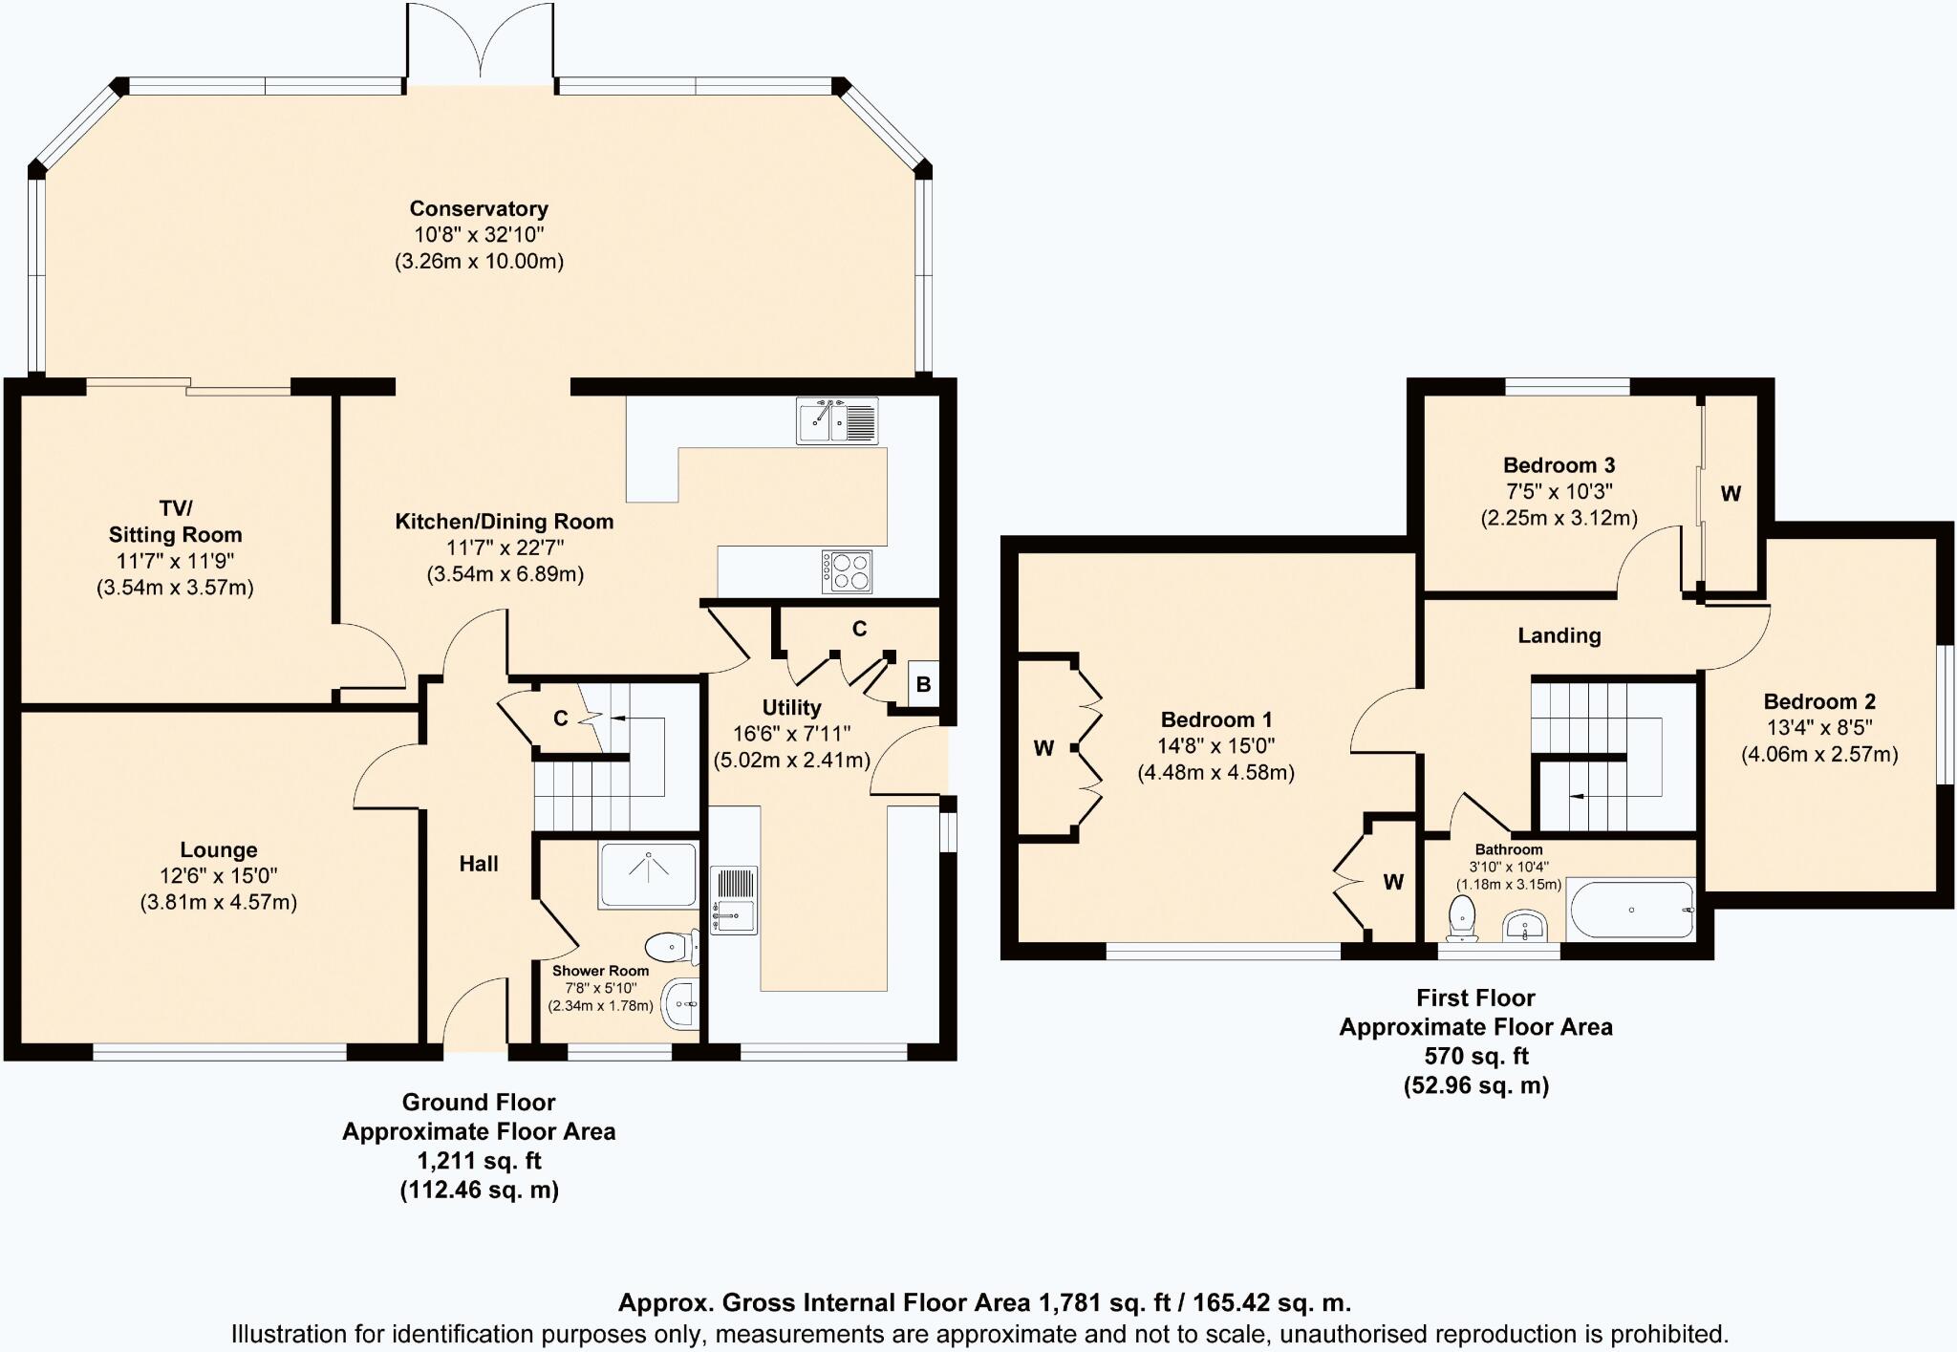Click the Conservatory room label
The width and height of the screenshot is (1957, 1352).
tap(479, 208)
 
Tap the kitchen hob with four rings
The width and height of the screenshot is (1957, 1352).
tap(847, 571)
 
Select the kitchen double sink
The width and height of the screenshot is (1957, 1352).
tap(837, 421)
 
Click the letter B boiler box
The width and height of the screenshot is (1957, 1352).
tap(923, 684)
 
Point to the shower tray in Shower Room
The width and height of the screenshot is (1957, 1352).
tap(649, 874)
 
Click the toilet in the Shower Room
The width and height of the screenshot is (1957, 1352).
tap(673, 947)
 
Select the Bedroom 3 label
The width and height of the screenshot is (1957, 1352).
tap(1559, 465)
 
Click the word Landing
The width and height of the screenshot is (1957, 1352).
tap(1559, 635)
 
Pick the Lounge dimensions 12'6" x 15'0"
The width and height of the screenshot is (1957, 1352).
tap(219, 876)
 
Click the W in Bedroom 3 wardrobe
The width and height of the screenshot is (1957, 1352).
tap(1731, 494)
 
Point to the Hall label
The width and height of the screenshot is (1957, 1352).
tap(479, 864)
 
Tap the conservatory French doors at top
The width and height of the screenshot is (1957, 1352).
tap(480, 46)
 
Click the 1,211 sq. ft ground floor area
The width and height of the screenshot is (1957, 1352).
tap(479, 1161)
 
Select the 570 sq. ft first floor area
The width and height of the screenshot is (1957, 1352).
tap(1475, 1056)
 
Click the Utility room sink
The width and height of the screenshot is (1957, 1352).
tap(734, 899)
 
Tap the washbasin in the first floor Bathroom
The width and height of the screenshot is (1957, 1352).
tap(1526, 925)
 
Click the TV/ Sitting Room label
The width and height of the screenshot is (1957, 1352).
tap(175, 521)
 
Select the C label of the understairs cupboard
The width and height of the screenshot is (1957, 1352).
tap(561, 719)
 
